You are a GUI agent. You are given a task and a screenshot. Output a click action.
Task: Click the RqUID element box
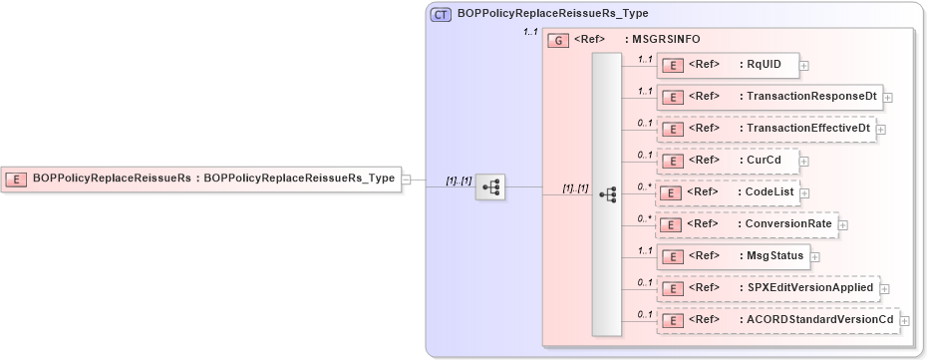(x=728, y=66)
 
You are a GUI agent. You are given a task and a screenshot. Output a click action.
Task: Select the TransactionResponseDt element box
(x=771, y=97)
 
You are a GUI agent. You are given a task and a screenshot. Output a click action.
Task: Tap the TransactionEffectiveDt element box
(x=767, y=129)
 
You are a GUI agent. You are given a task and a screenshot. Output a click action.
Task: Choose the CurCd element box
(x=728, y=160)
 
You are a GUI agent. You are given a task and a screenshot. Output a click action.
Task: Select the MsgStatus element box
(x=733, y=255)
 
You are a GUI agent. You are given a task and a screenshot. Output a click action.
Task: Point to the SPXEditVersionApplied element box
(x=769, y=288)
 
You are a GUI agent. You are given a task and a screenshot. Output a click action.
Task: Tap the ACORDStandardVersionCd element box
(x=778, y=319)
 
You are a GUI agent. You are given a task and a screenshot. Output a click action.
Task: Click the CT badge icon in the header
(x=440, y=15)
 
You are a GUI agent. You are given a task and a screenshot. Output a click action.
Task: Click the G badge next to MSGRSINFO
(x=558, y=41)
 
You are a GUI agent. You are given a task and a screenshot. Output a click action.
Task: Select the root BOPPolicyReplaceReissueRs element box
(x=200, y=179)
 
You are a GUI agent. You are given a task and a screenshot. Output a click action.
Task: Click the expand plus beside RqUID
(x=804, y=66)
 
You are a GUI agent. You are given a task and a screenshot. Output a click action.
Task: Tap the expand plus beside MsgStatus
(x=814, y=256)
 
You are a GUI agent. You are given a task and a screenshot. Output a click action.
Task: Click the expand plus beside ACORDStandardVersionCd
(x=905, y=320)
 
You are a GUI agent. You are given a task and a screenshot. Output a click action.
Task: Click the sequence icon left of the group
(x=490, y=186)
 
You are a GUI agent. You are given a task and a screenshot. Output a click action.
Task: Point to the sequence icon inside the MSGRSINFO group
(x=607, y=195)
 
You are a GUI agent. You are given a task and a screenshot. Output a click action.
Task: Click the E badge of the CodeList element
(x=673, y=193)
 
